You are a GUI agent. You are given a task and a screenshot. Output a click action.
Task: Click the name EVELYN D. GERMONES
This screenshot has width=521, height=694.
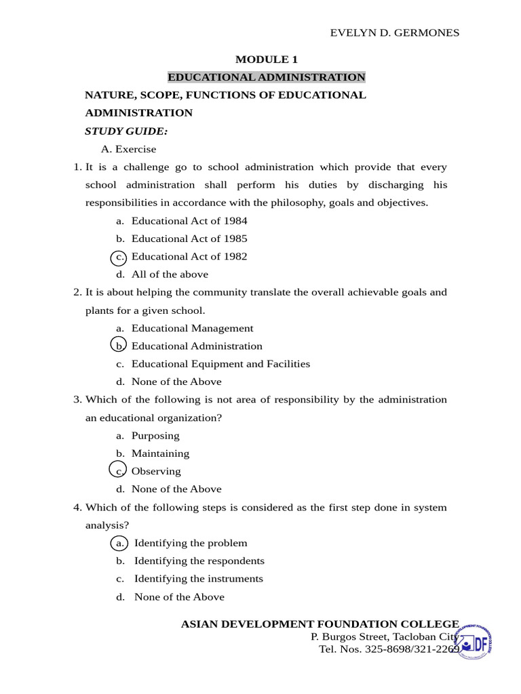point(394,33)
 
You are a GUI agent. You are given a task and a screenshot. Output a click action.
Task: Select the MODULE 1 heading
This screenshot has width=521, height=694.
point(267,60)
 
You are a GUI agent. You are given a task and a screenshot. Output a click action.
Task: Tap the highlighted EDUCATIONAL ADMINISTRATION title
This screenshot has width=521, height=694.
point(267,77)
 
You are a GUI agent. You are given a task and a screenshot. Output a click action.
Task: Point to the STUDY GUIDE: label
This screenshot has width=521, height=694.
point(126,131)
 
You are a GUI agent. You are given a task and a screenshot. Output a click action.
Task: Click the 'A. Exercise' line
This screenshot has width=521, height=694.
point(129,149)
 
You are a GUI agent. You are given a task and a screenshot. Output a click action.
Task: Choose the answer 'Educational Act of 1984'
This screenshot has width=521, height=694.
point(189,221)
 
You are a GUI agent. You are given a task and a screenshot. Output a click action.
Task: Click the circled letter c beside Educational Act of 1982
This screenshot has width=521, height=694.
point(119,257)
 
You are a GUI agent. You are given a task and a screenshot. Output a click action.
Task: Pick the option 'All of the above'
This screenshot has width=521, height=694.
point(170,274)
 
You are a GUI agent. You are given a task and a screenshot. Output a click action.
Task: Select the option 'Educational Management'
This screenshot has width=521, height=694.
point(192,328)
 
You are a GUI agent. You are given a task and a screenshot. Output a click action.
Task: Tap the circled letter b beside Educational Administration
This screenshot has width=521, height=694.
point(119,346)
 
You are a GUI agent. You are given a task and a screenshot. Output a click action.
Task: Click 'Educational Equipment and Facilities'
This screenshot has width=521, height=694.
point(220,364)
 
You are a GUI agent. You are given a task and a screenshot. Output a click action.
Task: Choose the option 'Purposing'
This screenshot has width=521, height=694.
point(155,436)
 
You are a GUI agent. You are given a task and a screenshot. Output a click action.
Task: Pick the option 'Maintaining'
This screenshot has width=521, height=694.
point(160,453)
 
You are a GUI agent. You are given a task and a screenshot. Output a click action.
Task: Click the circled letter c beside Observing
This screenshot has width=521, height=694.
point(119,471)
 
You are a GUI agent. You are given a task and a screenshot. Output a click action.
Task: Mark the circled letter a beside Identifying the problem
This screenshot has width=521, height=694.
point(119,543)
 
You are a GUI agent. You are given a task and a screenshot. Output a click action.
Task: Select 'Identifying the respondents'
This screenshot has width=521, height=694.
point(199,561)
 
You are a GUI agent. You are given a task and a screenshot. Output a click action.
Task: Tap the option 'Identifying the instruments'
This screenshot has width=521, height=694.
point(198,579)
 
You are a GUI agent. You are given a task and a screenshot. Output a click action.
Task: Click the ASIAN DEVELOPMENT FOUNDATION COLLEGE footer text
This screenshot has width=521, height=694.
point(320,624)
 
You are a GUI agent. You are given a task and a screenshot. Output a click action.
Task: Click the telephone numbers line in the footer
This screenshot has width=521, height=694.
point(389,649)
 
